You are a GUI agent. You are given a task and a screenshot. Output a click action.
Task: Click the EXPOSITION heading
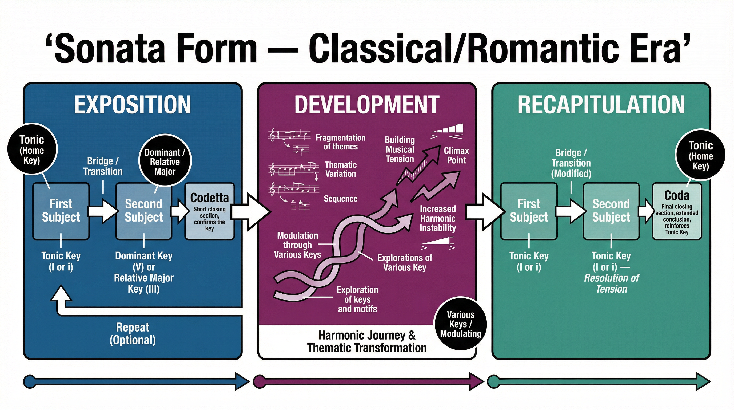(133, 105)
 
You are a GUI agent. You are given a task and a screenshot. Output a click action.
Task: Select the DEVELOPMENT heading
(367, 105)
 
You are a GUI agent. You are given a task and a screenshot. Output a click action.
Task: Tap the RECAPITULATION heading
(601, 105)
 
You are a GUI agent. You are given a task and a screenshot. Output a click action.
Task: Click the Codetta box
(209, 211)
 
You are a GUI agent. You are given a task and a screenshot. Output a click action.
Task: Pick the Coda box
(677, 211)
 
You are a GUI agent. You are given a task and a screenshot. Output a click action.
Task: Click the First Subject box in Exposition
(61, 211)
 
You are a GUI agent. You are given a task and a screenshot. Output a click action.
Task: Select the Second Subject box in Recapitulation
(611, 211)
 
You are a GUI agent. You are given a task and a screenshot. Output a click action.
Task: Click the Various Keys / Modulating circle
(460, 324)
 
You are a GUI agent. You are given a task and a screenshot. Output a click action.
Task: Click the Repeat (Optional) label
(133, 334)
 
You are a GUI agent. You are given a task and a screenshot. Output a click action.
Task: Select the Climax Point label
(456, 155)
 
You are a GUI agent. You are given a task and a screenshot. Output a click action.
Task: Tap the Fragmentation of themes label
(341, 142)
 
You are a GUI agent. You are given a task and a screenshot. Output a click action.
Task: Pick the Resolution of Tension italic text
(612, 283)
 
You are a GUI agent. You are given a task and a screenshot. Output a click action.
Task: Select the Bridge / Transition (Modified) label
(571, 163)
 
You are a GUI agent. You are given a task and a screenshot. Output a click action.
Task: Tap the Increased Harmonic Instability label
(438, 218)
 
